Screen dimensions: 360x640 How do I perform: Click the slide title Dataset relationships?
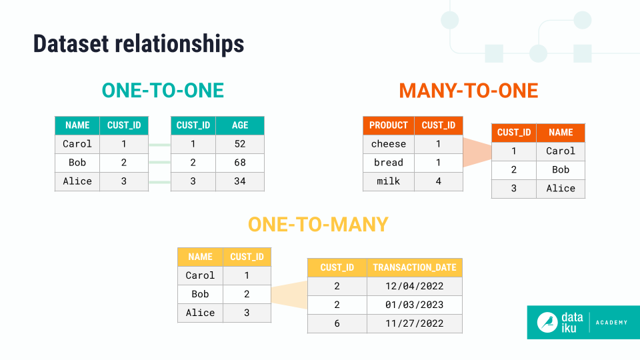(139, 44)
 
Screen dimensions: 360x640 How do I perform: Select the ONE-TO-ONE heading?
(163, 91)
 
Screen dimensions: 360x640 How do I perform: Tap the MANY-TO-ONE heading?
(468, 91)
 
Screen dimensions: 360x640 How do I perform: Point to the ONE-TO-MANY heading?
(318, 225)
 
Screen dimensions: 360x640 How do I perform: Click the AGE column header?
(240, 125)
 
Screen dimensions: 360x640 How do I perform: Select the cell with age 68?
(240, 163)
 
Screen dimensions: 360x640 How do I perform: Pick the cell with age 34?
(240, 181)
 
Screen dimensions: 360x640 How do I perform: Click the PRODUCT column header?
(389, 125)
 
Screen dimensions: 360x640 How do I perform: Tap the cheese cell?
(389, 144)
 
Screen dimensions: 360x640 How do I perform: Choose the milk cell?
(389, 181)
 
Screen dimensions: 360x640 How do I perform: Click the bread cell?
(389, 163)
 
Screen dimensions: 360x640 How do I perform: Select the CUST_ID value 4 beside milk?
(439, 181)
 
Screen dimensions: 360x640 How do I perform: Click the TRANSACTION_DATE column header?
(415, 267)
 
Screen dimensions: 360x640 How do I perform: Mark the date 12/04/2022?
(415, 286)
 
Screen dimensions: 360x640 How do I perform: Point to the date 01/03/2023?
(415, 305)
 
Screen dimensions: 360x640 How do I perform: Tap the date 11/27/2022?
(415, 323)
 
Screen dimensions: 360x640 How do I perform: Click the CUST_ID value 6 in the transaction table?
(337, 323)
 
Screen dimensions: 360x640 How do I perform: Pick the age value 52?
(240, 144)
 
